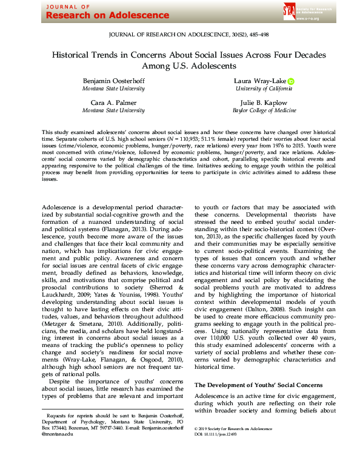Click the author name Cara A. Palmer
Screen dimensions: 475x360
113,102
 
